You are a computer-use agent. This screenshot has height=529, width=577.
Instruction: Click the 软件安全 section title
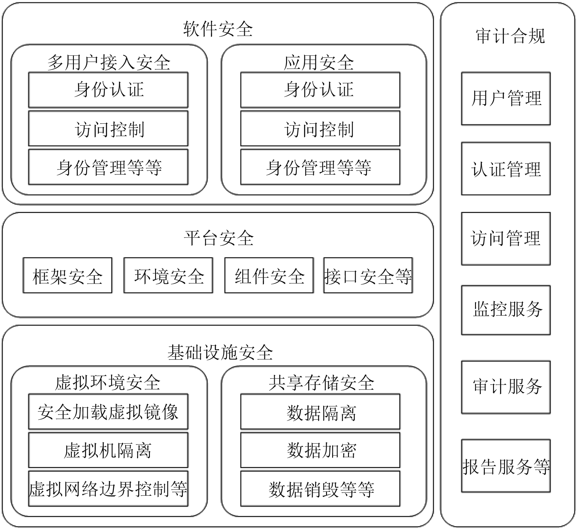click(218, 29)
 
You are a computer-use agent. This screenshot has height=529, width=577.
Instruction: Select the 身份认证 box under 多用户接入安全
click(108, 90)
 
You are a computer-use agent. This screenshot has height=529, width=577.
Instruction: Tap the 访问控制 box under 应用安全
click(320, 129)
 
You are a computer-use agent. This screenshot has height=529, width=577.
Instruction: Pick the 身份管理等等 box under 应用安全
click(320, 167)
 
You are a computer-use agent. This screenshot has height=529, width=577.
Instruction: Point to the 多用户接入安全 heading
click(109, 63)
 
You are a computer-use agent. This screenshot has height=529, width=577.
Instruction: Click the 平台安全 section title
click(218, 238)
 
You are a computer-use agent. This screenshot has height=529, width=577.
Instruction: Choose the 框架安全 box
click(67, 275)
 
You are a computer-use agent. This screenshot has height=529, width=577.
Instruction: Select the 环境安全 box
click(168, 275)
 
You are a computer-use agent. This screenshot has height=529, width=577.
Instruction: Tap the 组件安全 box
click(269, 275)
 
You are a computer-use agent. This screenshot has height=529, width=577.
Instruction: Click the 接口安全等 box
click(368, 275)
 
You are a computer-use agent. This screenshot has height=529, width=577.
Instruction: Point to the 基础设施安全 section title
click(220, 352)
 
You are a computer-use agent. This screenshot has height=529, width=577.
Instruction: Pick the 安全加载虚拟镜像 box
click(108, 411)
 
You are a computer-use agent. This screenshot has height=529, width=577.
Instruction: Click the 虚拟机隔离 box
click(108, 450)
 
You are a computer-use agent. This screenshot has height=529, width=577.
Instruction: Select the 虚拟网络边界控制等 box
click(108, 488)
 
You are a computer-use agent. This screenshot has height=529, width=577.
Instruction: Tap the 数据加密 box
click(320, 450)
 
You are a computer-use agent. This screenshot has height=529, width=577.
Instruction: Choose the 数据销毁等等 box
click(320, 488)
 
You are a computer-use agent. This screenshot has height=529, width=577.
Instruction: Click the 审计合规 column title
click(510, 36)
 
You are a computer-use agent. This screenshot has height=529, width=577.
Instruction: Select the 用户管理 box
click(506, 99)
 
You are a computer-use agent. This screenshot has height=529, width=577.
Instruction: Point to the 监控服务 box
click(506, 310)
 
